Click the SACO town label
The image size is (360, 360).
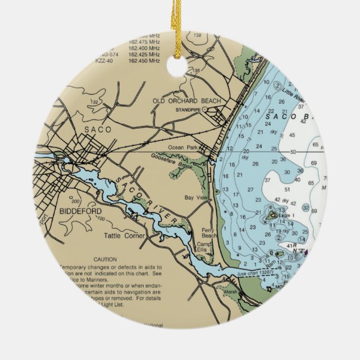pos(98,129)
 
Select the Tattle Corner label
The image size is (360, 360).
pos(125,236)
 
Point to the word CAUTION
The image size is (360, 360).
pos(105,259)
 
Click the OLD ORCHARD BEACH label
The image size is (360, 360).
pos(187,101)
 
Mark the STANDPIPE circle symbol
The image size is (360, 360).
pos(204,110)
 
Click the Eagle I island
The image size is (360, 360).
pos(272,214)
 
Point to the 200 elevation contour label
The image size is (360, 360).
pos(75,201)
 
